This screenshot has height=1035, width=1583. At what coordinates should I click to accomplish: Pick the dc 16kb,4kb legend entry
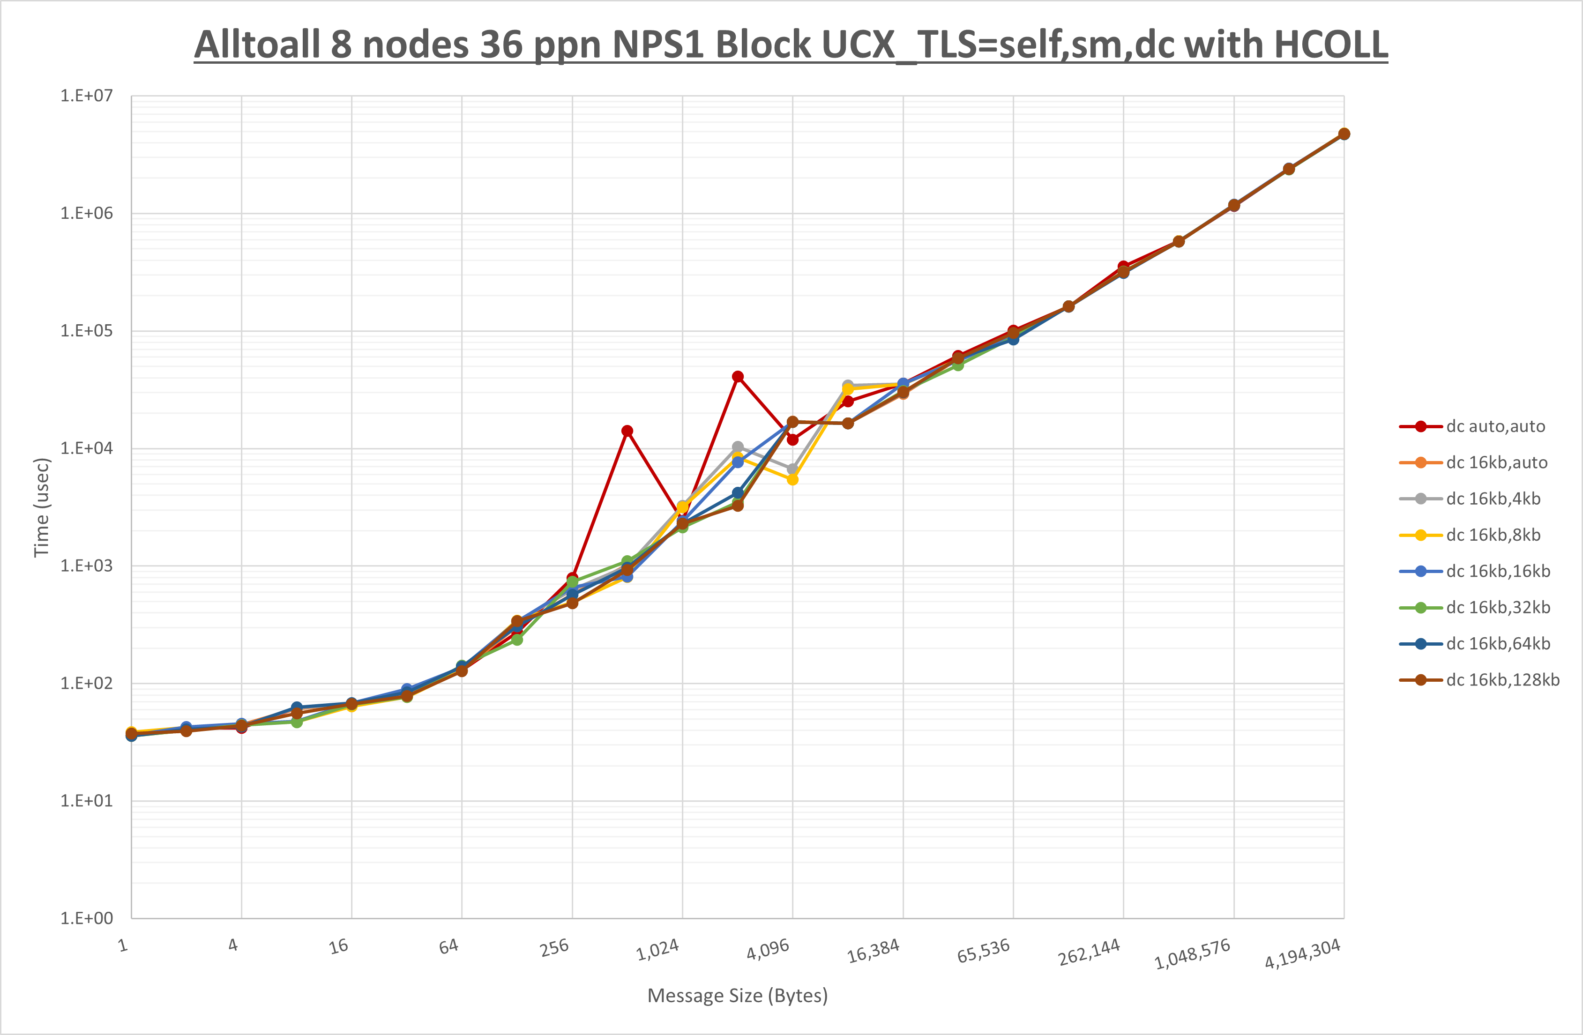coord(1493,499)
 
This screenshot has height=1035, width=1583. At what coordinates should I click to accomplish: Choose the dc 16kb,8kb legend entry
coord(1493,535)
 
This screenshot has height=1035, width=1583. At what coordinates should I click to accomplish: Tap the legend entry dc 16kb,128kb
coord(1502,680)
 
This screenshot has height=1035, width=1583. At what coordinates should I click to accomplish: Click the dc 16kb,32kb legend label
coord(1498,607)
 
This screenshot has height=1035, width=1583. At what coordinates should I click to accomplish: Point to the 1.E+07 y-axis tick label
coord(87,96)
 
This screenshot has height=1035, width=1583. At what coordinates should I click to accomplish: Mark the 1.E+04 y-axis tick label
coord(87,448)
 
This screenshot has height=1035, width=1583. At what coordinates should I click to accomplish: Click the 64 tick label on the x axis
coord(449,946)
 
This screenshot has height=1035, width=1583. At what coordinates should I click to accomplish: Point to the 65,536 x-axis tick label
coord(983,951)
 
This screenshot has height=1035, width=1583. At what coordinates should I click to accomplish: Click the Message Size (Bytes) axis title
coord(737,996)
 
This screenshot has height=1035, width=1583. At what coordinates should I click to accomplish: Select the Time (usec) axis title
coord(41,507)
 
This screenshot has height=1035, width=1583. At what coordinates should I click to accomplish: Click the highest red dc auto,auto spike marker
coord(738,377)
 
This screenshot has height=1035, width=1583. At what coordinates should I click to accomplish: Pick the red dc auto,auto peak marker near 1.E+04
coord(627,431)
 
